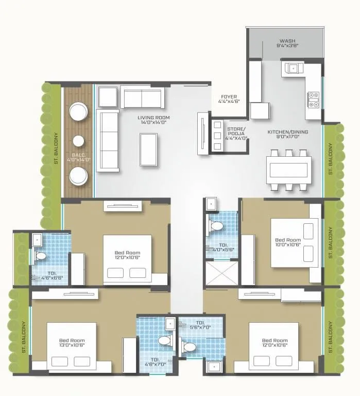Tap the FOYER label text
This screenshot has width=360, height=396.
(229, 99)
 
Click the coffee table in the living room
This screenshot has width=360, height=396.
(148, 149)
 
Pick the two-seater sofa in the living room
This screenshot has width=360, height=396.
(142, 97)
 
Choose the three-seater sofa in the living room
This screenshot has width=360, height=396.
(108, 140)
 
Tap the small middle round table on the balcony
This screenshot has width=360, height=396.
(78, 141)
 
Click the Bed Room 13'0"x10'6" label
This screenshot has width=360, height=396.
(72, 343)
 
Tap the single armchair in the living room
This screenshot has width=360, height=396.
(108, 96)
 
